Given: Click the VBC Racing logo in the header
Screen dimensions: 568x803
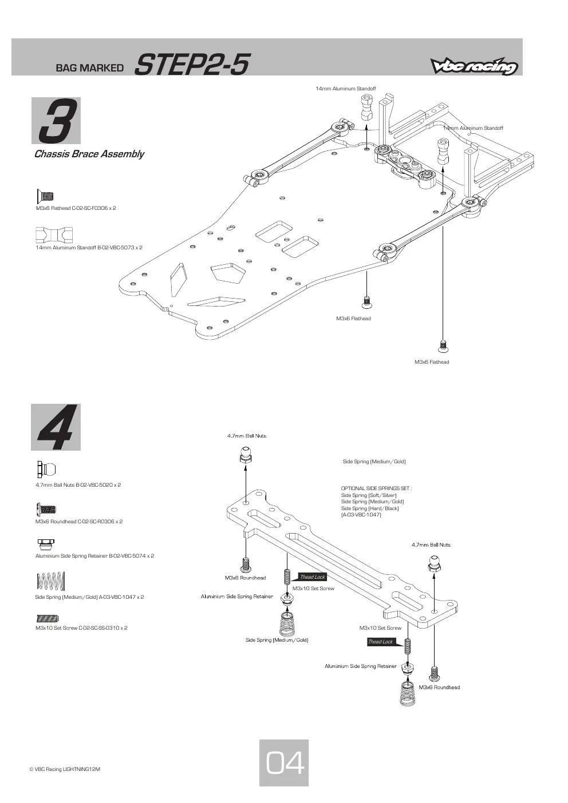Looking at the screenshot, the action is coord(474,66).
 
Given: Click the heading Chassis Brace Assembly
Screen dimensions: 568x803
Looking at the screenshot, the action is coord(89,154).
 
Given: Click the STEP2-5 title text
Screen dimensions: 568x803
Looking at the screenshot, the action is coord(192,65).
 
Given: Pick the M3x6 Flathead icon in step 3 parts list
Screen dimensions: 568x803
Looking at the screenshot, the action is coord(45,196).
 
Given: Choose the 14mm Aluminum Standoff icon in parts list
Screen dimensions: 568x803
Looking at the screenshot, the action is coord(54,234).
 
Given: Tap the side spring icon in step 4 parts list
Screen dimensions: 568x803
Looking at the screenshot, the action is coord(51,581).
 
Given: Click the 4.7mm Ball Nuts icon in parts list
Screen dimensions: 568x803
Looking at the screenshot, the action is coord(46,469).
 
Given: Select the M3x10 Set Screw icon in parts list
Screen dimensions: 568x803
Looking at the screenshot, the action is coord(48,618).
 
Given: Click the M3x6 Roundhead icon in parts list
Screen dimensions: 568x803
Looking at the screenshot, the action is coord(46,509).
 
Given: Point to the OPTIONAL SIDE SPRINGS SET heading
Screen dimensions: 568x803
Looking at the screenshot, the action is coord(376,488).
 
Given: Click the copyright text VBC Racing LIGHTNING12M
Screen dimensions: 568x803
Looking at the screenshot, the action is coord(65,769).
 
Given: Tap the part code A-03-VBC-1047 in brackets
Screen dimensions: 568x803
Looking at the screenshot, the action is coord(361,515).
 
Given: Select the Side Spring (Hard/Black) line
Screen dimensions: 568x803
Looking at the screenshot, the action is coord(370,508).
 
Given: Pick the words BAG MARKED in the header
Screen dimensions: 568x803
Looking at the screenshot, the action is coord(90,67).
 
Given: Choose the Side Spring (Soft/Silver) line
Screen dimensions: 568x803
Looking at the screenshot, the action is coord(369,495).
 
